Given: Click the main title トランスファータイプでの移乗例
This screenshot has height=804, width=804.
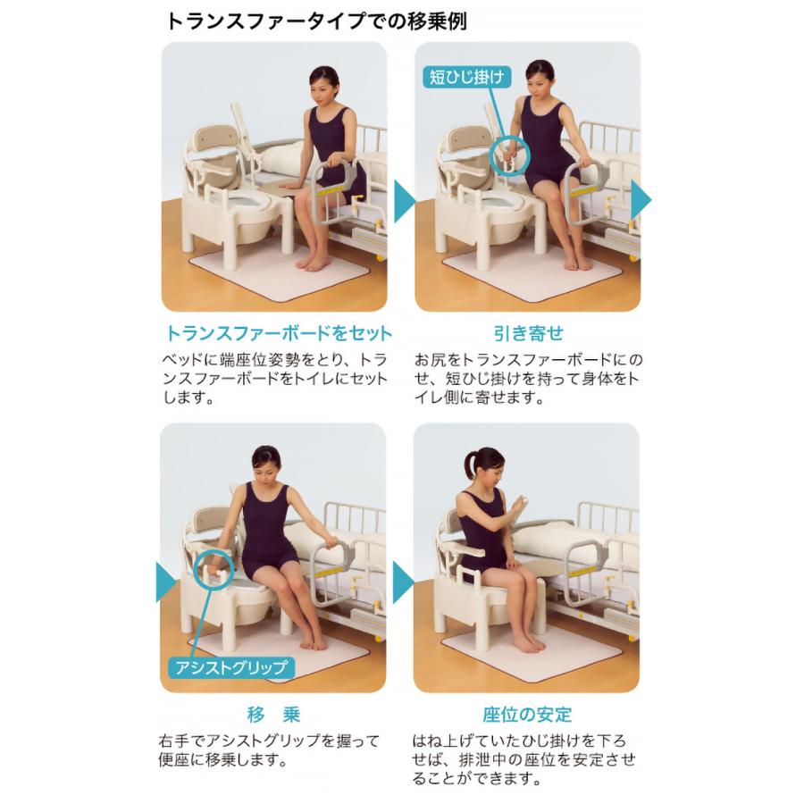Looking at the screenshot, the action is (x=316, y=22).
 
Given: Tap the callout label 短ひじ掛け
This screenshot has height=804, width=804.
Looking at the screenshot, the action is (x=466, y=78).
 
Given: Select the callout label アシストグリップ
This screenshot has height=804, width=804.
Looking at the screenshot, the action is (x=230, y=667).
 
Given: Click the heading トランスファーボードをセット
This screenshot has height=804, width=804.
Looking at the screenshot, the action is (x=279, y=333).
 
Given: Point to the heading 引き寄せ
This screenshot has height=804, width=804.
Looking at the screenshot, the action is (x=528, y=333).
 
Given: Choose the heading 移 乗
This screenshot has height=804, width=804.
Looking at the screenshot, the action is (x=273, y=715).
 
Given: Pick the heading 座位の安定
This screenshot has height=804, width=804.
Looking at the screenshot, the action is (x=527, y=715).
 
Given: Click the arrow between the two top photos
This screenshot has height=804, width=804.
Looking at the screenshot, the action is (x=404, y=200).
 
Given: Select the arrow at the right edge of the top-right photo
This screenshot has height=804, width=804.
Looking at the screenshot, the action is (x=641, y=200).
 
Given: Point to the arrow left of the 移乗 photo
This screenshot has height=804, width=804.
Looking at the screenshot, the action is (x=165, y=582).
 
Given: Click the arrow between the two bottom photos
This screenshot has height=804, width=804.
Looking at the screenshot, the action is (x=403, y=582).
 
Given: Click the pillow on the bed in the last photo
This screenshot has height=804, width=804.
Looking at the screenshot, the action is (x=543, y=539).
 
